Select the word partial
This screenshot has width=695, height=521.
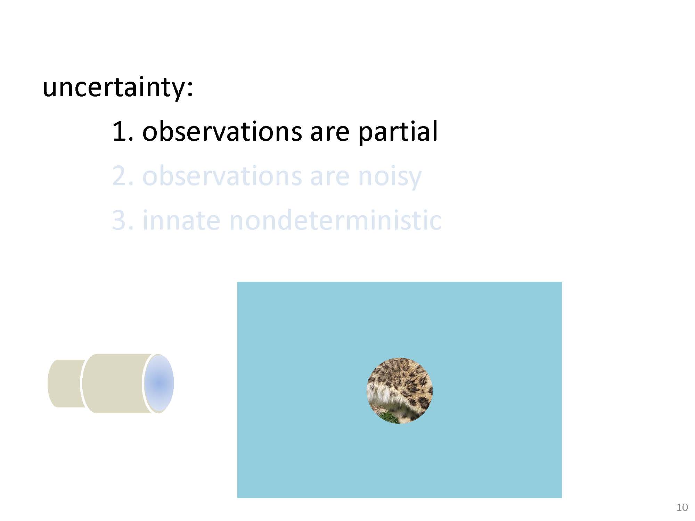click(398, 132)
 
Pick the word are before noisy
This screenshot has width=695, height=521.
click(329, 179)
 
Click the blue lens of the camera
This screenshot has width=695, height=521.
click(159, 383)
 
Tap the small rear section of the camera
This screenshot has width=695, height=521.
click(66, 383)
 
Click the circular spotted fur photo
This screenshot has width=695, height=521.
click(400, 390)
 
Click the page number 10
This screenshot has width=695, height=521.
click(682, 507)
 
